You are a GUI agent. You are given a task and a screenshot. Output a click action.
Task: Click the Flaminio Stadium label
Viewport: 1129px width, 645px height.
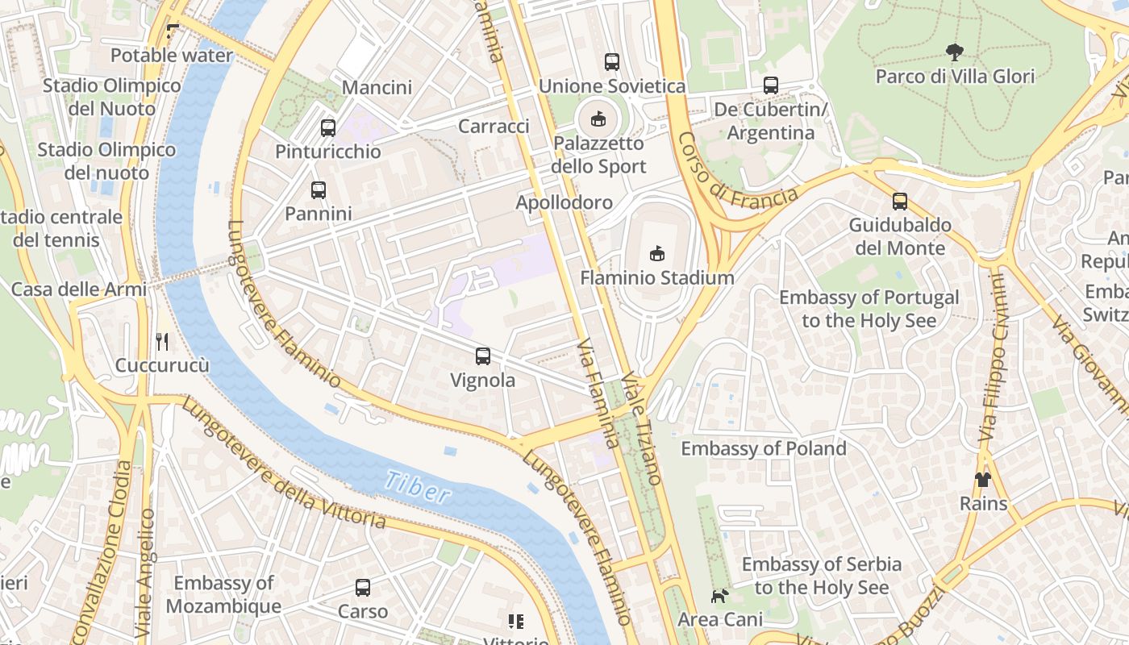pos(657,278)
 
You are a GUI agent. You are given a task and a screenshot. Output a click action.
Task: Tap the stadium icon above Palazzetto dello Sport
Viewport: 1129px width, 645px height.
pos(598,119)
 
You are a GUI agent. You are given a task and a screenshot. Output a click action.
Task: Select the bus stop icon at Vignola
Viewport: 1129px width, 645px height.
pos(482,356)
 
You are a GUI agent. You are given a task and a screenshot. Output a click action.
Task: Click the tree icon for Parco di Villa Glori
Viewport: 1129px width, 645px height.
pos(954,53)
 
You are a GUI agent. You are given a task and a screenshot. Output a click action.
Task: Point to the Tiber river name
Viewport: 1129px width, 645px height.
pos(417,487)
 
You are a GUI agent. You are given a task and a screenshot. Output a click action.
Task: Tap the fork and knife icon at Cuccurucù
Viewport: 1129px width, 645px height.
pos(162,341)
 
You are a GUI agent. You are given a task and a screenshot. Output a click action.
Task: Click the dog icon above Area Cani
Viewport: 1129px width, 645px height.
pos(719,596)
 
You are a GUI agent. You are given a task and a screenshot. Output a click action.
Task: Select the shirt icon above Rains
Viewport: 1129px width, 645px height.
pos(982,480)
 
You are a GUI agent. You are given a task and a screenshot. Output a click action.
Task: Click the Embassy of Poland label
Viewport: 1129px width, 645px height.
pos(763,448)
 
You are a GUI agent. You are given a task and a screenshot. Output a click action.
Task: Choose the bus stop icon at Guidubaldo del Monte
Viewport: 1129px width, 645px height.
pos(899,202)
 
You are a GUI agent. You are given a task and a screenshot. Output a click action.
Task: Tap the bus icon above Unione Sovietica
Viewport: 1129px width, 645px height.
pos(611,61)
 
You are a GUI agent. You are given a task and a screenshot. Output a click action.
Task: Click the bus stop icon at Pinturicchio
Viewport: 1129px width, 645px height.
pos(327,127)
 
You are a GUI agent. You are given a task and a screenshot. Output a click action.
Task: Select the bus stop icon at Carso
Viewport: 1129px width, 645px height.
pos(363,588)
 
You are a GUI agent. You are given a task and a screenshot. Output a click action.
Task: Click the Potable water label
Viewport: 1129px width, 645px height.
pos(171,56)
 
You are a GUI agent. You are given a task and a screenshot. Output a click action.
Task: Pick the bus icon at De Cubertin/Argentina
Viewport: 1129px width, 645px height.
pos(770,85)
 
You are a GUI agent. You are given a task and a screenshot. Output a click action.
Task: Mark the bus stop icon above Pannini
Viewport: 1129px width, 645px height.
pos(319,190)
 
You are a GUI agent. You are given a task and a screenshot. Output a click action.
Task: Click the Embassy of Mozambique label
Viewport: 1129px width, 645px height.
pos(224,594)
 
